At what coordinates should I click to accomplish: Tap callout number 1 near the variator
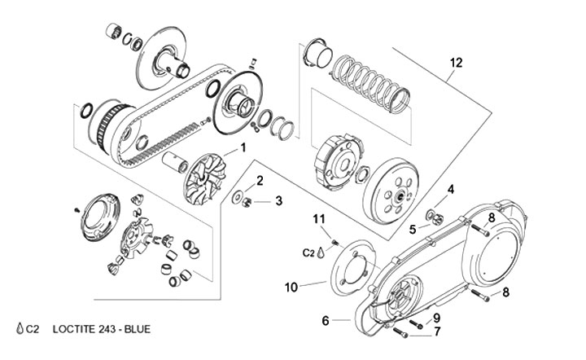(x=242, y=149)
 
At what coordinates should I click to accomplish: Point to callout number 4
(x=413, y=230)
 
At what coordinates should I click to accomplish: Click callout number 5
(x=326, y=321)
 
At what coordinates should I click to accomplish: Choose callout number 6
(x=437, y=331)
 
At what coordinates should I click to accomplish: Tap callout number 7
(x=436, y=317)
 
